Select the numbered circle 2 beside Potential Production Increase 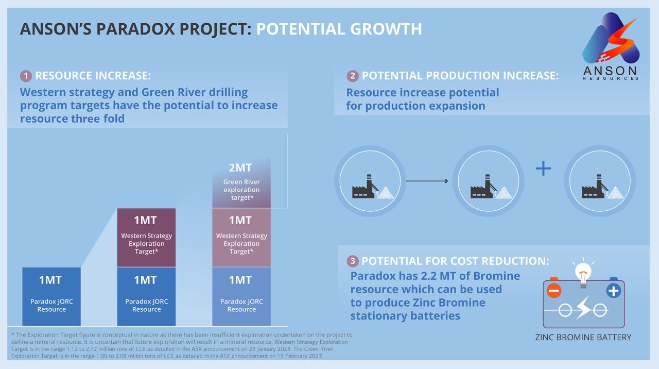click(x=353, y=76)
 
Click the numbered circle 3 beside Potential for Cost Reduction click(x=353, y=261)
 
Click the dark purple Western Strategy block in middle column click(x=146, y=238)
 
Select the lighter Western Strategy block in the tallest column click(x=241, y=238)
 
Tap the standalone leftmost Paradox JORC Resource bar click(x=51, y=296)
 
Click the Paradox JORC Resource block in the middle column click(x=146, y=296)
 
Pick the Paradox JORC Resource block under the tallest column click(x=241, y=296)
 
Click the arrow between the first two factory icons click(x=427, y=181)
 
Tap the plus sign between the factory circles click(x=543, y=169)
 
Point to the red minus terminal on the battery click(x=554, y=291)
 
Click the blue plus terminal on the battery click(x=613, y=291)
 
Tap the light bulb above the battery click(x=583, y=272)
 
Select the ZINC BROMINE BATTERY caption click(x=584, y=338)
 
